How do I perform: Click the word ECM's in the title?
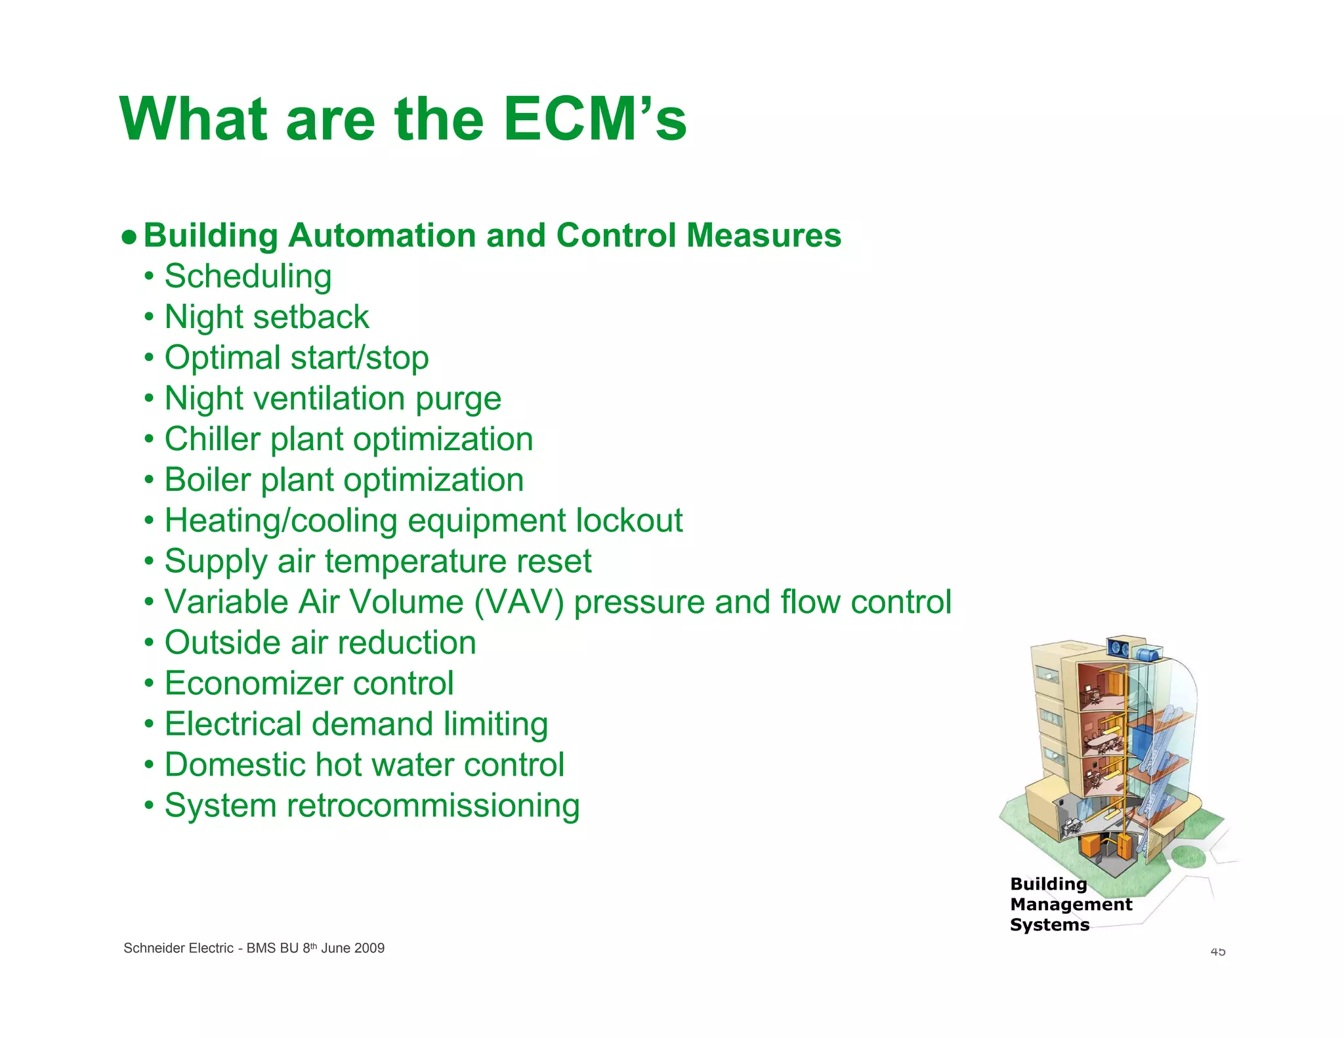tap(595, 119)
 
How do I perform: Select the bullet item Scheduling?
tap(247, 276)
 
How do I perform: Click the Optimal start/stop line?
tap(296, 358)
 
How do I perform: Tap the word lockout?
tap(629, 520)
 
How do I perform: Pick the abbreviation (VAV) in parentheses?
tap(518, 602)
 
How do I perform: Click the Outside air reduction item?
tap(320, 643)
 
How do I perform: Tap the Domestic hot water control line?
tap(364, 765)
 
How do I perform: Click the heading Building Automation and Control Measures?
tap(492, 236)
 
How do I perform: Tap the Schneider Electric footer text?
tap(253, 948)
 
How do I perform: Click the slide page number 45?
tap(1217, 951)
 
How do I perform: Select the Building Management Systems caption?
tap(1070, 904)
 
